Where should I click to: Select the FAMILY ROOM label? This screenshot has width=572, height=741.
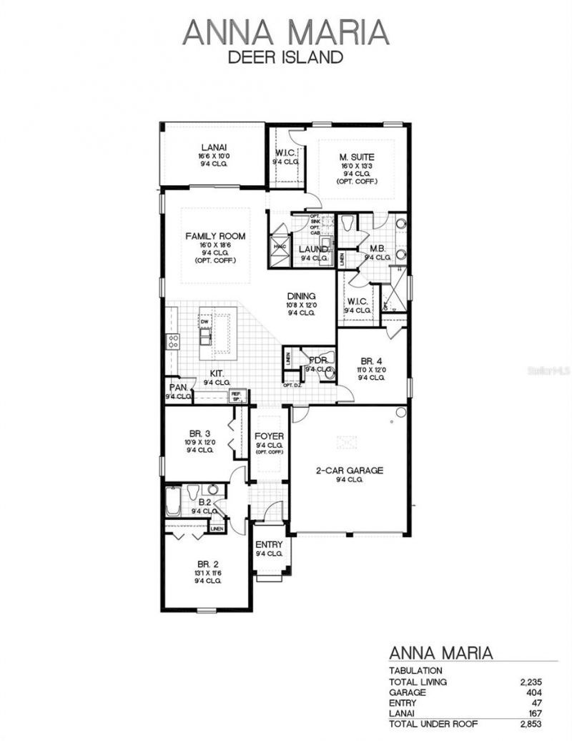pos(215,236)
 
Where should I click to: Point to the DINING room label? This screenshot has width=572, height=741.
pos(302,296)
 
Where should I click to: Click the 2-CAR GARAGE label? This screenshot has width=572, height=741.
pos(350,471)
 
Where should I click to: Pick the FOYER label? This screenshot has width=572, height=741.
pos(269,436)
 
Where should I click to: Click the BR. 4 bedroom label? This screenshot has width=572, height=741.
pos(372,361)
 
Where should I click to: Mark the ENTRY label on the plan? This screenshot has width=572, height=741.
pos(269,545)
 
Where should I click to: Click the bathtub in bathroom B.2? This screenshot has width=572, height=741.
pos(174,501)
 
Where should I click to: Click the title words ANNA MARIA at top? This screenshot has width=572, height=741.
pos(286,33)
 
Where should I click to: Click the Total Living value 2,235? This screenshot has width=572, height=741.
pos(532,682)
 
